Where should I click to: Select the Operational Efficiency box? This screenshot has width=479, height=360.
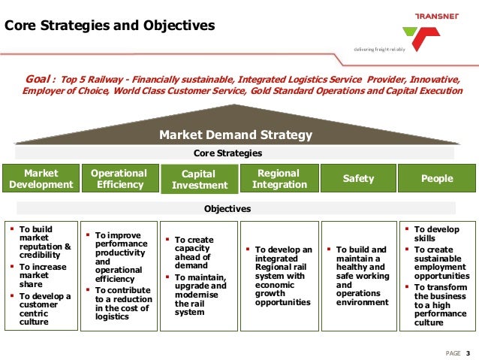[x=119, y=179]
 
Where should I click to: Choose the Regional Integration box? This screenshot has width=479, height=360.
[x=279, y=179]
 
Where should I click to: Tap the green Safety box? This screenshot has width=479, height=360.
[x=358, y=179]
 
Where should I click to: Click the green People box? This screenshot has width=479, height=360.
[x=437, y=179]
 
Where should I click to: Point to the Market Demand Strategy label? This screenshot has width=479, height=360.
[x=235, y=135]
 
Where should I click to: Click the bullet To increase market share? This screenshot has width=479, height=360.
[x=45, y=276]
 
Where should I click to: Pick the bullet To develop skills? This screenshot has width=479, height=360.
[x=435, y=234]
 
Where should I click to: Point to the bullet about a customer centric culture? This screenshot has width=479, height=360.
[x=45, y=308]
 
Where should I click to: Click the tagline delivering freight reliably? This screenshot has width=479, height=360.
[x=380, y=49]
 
